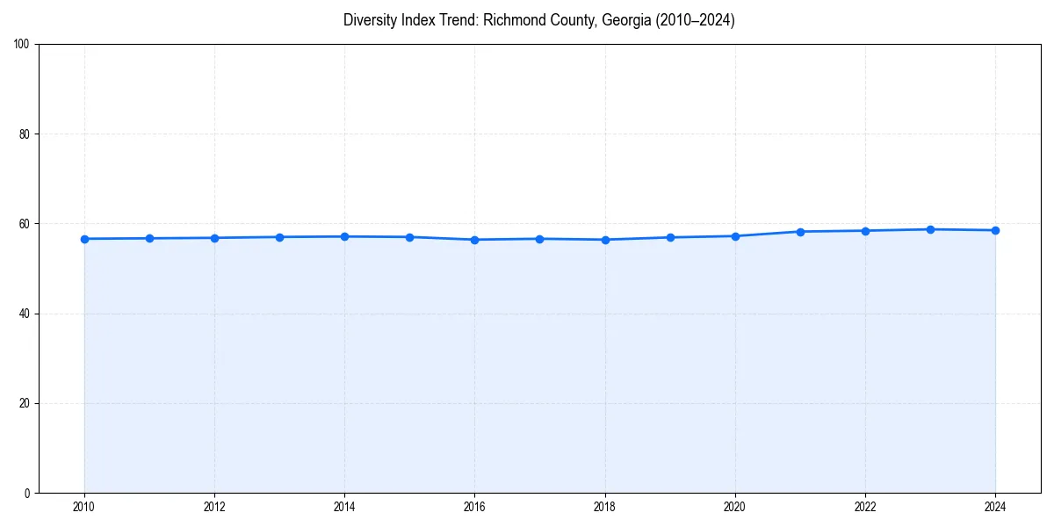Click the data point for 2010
click(x=84, y=239)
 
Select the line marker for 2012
click(x=214, y=238)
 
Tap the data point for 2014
click(x=344, y=236)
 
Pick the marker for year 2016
click(x=474, y=240)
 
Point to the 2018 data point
click(x=605, y=240)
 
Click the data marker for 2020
click(x=735, y=236)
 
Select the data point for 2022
click(x=865, y=231)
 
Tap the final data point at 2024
click(x=995, y=231)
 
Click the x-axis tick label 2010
click(x=84, y=507)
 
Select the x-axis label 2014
click(x=344, y=507)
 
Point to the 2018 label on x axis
click(x=605, y=507)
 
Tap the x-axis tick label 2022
click(x=865, y=507)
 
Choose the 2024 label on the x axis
click(x=995, y=507)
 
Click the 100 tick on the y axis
click(x=23, y=45)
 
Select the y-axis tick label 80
click(x=25, y=134)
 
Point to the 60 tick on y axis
click(x=25, y=224)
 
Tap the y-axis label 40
click(x=25, y=314)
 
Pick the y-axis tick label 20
click(x=25, y=403)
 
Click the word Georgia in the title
click(x=624, y=20)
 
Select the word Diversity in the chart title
click(x=370, y=20)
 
